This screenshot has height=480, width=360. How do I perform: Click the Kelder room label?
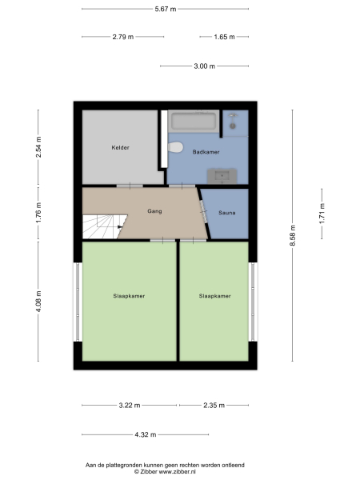[x=121, y=148]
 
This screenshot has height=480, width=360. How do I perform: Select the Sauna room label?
[x=227, y=213]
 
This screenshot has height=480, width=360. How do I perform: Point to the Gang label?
[x=155, y=211]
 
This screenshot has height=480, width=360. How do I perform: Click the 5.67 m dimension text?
[x=166, y=9]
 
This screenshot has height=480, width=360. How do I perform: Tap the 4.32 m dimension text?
[x=146, y=434]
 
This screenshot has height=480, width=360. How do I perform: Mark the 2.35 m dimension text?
[x=213, y=406]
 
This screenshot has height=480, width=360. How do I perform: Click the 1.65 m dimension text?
[x=224, y=37]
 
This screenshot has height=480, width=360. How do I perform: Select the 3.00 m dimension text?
[x=205, y=66]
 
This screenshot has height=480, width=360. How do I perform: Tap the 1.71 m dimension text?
[x=322, y=214]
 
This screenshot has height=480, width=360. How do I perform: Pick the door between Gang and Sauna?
[x=203, y=213]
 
